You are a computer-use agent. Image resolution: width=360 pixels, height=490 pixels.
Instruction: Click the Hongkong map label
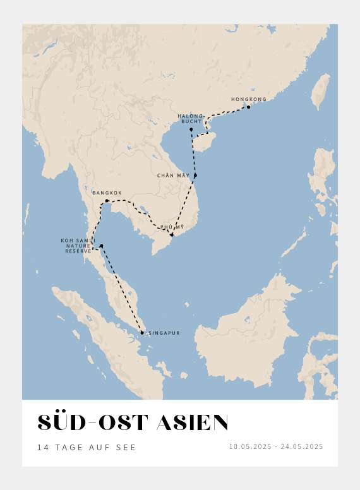pos(249,99)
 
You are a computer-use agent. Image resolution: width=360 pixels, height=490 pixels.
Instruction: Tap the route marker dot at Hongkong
pos(248,107)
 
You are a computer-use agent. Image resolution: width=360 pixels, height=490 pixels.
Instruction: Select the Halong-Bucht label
pos(191,118)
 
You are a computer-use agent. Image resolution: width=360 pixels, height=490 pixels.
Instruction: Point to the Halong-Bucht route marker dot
pos(191,129)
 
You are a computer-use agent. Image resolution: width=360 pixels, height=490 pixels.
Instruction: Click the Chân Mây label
pos(173,175)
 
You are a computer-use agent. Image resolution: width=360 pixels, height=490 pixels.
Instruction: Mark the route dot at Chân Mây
pos(195,175)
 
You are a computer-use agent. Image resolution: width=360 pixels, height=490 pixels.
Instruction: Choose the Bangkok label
pos(107,193)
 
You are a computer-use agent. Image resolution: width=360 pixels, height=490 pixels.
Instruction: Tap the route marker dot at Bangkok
pos(107,201)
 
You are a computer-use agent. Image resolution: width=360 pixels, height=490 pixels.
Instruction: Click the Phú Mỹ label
pos(171,227)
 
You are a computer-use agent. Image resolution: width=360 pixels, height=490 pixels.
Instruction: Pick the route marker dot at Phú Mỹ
pos(171,234)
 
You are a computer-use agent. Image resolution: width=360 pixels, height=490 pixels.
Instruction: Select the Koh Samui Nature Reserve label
pos(78,246)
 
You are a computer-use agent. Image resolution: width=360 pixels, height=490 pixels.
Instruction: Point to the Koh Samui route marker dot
pos(101,246)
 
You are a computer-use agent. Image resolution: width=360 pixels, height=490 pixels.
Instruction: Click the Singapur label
pos(164,333)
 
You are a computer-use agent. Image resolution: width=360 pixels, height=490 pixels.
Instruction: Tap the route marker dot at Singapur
pos(142,333)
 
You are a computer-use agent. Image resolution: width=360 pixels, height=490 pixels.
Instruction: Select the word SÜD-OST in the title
pos(93,423)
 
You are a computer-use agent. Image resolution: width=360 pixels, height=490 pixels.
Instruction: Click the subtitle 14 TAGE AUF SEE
pos(87,447)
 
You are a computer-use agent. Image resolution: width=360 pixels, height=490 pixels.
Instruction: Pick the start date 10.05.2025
pos(249,446)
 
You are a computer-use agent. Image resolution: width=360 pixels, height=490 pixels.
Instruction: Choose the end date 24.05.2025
pos(302,446)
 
